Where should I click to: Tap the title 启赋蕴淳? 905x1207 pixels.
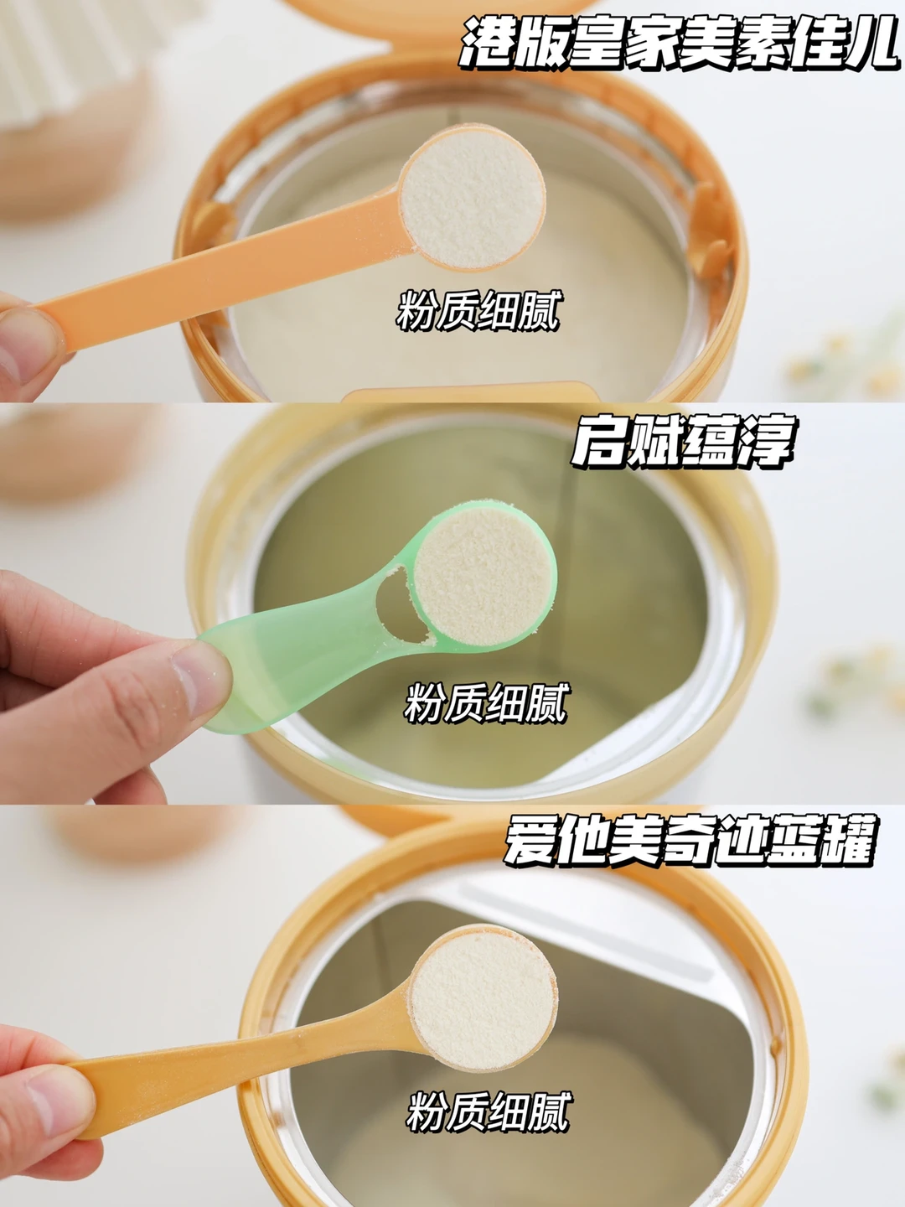tap(682, 441)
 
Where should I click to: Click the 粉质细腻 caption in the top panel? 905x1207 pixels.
tap(478, 311)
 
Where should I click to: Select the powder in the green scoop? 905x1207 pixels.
tap(483, 576)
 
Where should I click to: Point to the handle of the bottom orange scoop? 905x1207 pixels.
tap(242, 1072)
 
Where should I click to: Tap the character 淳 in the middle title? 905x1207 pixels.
tap(767, 441)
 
